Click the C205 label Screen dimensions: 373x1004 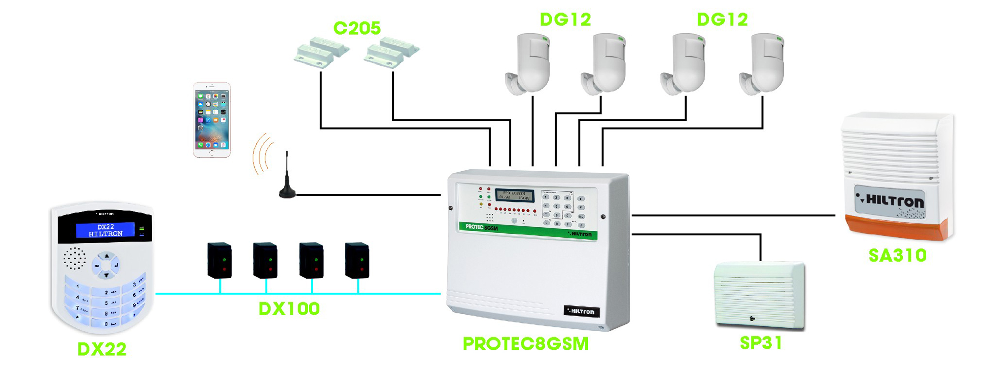pos(357,28)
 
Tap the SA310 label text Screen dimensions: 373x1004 pos(897,256)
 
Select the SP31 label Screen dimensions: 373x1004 pos(760,343)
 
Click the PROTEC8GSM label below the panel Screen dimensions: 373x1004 pos(525,344)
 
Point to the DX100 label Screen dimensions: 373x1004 pos(289,309)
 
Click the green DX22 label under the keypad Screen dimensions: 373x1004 pos(102,349)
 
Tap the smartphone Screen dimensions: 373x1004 pos(212,120)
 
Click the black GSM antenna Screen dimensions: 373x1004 pos(287,182)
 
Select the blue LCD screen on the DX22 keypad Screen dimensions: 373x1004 pos(105,230)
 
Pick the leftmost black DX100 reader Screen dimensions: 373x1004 pos(219,260)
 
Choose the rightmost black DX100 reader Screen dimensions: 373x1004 pos(357,260)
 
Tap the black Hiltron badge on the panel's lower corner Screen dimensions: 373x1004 pos(581,311)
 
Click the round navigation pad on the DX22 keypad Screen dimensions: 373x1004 pos(106,265)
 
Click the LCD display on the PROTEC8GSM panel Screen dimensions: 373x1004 pos(514,196)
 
